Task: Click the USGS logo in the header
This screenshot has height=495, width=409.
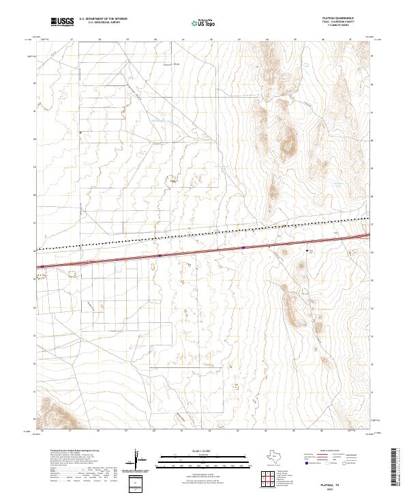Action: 63,22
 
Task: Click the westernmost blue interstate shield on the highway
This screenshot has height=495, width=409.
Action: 42,266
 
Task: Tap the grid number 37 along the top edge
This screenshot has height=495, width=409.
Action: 72,40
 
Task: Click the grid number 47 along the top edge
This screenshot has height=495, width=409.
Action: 350,40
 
